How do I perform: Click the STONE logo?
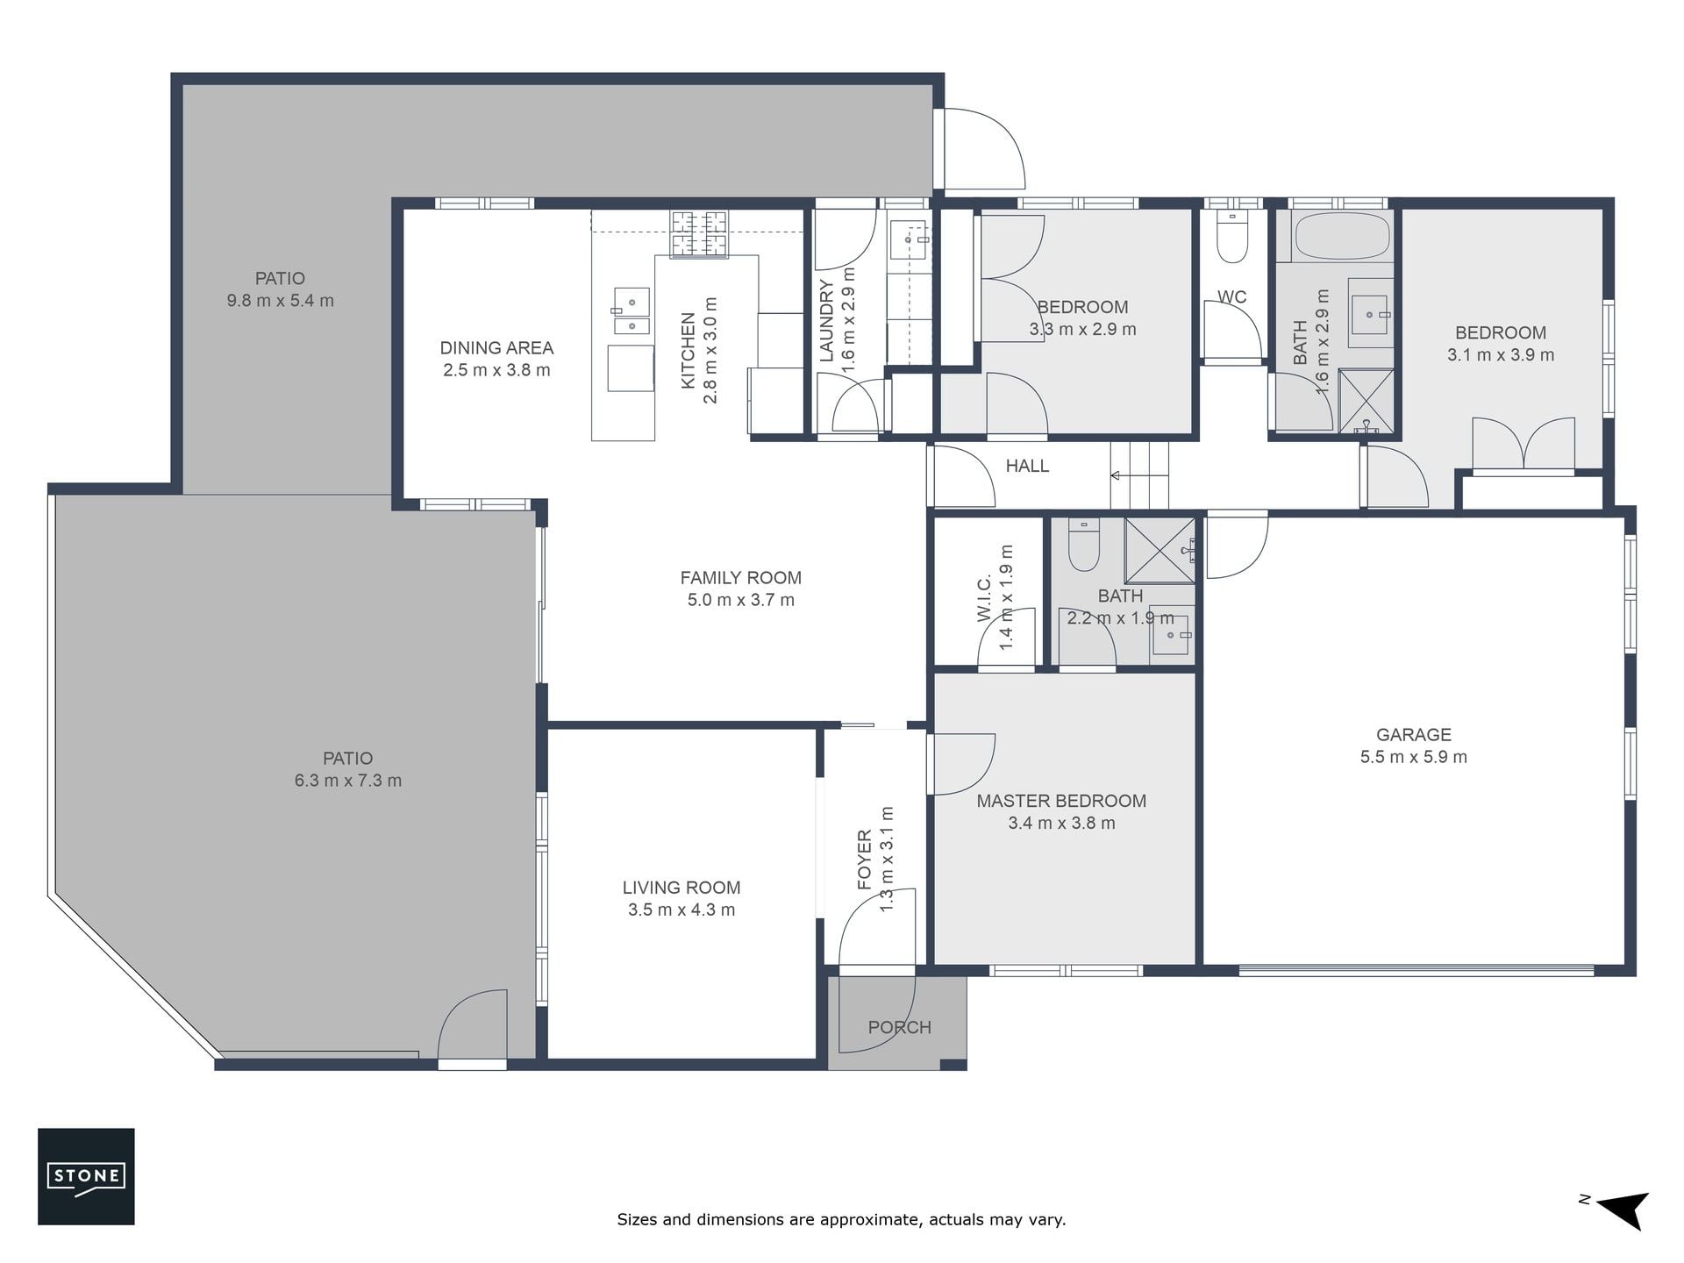pos(86,1175)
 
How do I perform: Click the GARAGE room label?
pos(1413,735)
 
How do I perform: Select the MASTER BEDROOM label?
pos(1061,801)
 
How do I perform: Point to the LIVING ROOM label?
pos(681,888)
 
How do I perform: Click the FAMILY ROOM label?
pos(741,578)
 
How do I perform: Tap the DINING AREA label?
pos(496,348)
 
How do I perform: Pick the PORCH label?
pos(899,1027)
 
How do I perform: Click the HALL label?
pos(1027,466)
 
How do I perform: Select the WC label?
pos(1231,296)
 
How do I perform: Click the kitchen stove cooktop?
pos(700,234)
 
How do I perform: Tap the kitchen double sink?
pos(631,311)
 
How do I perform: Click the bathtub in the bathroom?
pos(1342,235)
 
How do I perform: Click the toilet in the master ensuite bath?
pos(1084,545)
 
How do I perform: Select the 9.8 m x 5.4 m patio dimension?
pos(281,301)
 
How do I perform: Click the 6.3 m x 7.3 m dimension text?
pos(348,781)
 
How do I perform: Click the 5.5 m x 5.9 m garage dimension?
pos(1413,757)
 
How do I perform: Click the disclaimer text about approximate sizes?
pos(841,1219)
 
